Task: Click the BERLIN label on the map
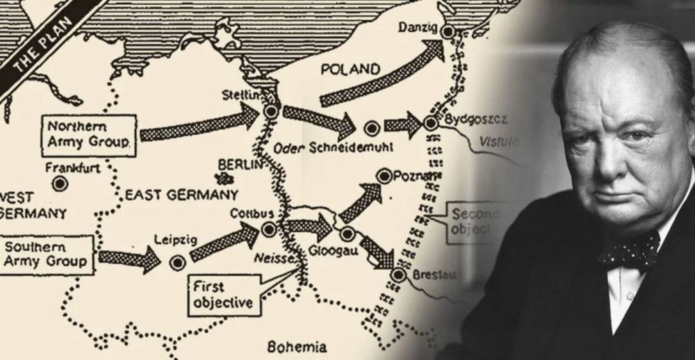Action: click(x=240, y=165)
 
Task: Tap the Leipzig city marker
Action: click(x=179, y=262)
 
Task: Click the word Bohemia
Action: click(x=297, y=347)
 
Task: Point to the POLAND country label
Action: click(x=350, y=69)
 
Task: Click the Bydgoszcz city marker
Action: click(x=430, y=123)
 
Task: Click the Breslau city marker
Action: click(x=398, y=275)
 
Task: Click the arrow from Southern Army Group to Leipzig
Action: click(x=129, y=261)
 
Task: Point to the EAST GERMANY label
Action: click(x=181, y=195)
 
